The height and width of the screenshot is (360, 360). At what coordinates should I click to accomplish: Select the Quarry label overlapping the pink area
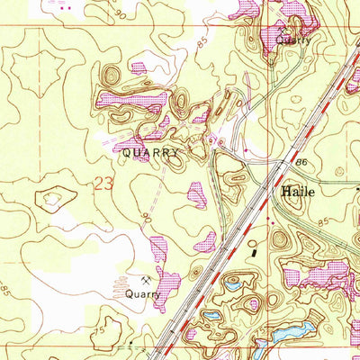tap(293, 40)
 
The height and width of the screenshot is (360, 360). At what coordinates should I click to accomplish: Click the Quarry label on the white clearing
tap(143, 293)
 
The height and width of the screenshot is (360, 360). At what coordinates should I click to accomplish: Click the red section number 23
tap(104, 184)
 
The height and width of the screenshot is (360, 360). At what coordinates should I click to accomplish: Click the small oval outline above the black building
tap(253, 242)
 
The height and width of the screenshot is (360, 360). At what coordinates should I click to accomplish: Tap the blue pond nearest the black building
tap(233, 281)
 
